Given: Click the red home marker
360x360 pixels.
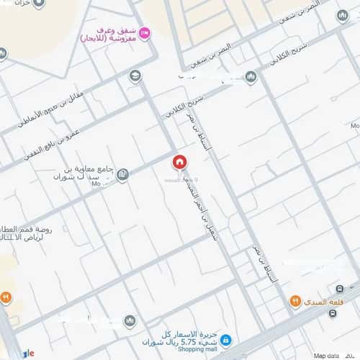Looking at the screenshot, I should pos(179,162).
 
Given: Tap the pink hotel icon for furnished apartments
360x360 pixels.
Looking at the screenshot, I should pos(145,31).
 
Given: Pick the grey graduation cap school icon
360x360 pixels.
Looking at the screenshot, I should pos(135,75).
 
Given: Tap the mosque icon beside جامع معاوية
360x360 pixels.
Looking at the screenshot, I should pos(122,174).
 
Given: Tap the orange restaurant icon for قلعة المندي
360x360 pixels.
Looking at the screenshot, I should pos(294,301).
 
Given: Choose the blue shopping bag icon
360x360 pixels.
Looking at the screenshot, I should pos(225,339).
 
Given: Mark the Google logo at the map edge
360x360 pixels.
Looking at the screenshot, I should pos(27,354).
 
